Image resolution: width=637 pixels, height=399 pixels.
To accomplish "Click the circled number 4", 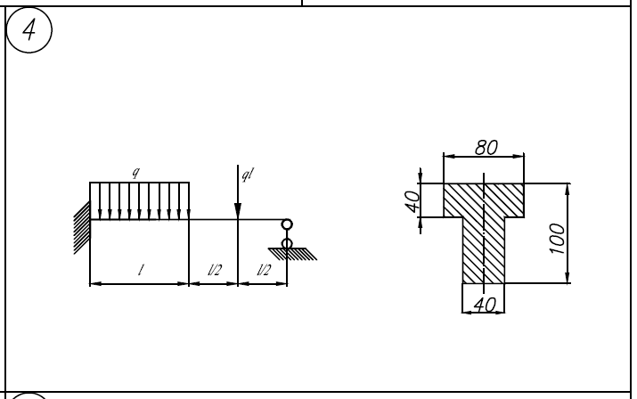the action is [x=29, y=29].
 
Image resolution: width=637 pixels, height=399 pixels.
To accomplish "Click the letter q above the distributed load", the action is [x=136, y=172].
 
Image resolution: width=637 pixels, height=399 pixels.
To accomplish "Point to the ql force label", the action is [x=248, y=175].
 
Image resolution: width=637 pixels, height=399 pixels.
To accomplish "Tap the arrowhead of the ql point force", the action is [x=238, y=211].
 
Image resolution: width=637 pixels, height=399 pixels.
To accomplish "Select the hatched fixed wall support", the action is [x=82, y=227].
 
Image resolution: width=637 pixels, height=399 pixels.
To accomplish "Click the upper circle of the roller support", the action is [x=287, y=224].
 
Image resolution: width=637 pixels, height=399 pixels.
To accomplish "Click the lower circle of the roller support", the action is [x=287, y=243].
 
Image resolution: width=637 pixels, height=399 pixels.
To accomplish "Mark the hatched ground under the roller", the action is [x=292, y=254].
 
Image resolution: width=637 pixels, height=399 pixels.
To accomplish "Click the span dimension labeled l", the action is [x=141, y=270].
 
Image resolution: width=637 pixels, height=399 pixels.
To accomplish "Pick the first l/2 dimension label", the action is [x=215, y=270].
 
